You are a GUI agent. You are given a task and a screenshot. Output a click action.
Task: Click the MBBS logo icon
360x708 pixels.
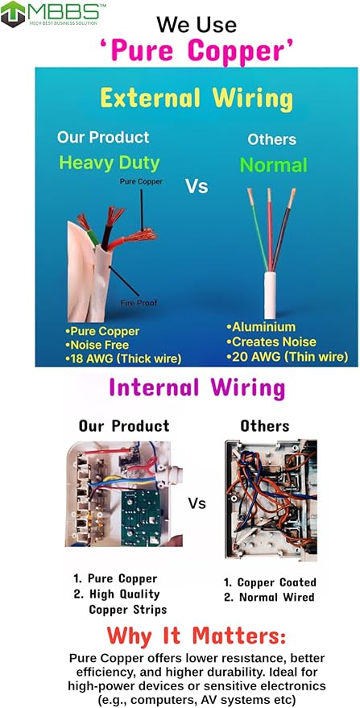tap(13, 14)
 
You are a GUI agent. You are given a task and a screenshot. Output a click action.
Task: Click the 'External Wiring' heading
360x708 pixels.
tap(197, 98)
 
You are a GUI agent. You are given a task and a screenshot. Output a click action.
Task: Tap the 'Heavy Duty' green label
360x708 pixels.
tap(110, 164)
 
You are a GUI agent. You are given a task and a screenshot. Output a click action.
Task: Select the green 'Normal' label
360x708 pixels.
tap(273, 165)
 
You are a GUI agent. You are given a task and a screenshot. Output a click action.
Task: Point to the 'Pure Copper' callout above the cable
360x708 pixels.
tap(141, 182)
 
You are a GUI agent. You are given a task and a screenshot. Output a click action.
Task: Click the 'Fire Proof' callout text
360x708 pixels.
tap(139, 303)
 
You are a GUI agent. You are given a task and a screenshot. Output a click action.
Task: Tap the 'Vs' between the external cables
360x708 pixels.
tap(197, 186)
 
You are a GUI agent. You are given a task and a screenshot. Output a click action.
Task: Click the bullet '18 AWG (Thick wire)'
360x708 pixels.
tap(123, 359)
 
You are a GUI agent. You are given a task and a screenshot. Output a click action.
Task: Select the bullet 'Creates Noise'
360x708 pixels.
tap(271, 342)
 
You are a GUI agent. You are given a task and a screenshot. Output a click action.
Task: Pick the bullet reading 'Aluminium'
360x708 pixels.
tap(261, 327)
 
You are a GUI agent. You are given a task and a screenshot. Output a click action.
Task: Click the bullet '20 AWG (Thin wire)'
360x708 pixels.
tap(288, 357)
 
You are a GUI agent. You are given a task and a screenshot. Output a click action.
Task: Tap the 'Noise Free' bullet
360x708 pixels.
tap(97, 346)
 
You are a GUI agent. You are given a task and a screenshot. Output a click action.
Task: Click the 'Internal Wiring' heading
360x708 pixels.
tap(197, 388)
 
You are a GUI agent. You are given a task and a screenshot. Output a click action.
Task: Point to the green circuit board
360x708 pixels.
tap(143, 519)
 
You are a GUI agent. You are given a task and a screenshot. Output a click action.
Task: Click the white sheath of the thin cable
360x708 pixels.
tap(270, 296)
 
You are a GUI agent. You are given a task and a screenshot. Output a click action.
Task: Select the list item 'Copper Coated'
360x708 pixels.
tap(270, 582)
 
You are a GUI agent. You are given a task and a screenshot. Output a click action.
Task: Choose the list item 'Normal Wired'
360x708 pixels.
tap(269, 598)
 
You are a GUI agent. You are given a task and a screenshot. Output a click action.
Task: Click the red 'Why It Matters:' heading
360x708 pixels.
tap(197, 636)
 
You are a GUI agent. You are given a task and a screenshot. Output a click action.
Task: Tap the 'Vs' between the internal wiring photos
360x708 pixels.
tap(197, 503)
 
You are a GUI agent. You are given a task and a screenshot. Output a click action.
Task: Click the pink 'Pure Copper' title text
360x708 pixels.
tap(196, 51)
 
